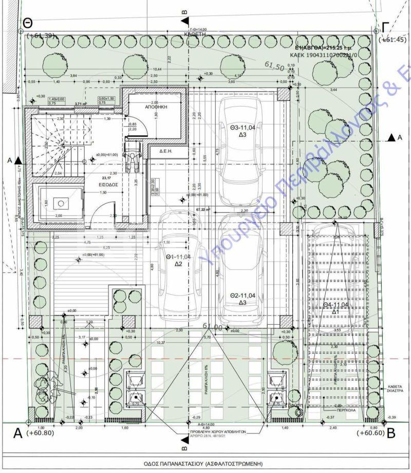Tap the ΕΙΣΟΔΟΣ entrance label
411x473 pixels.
click(109, 183)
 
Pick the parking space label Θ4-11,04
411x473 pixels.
click(337, 305)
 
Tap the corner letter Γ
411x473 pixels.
click(385, 28)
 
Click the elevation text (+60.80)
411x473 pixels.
click(41, 433)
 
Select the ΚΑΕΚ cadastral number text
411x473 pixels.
click(325, 53)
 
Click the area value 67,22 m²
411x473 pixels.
click(204, 210)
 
